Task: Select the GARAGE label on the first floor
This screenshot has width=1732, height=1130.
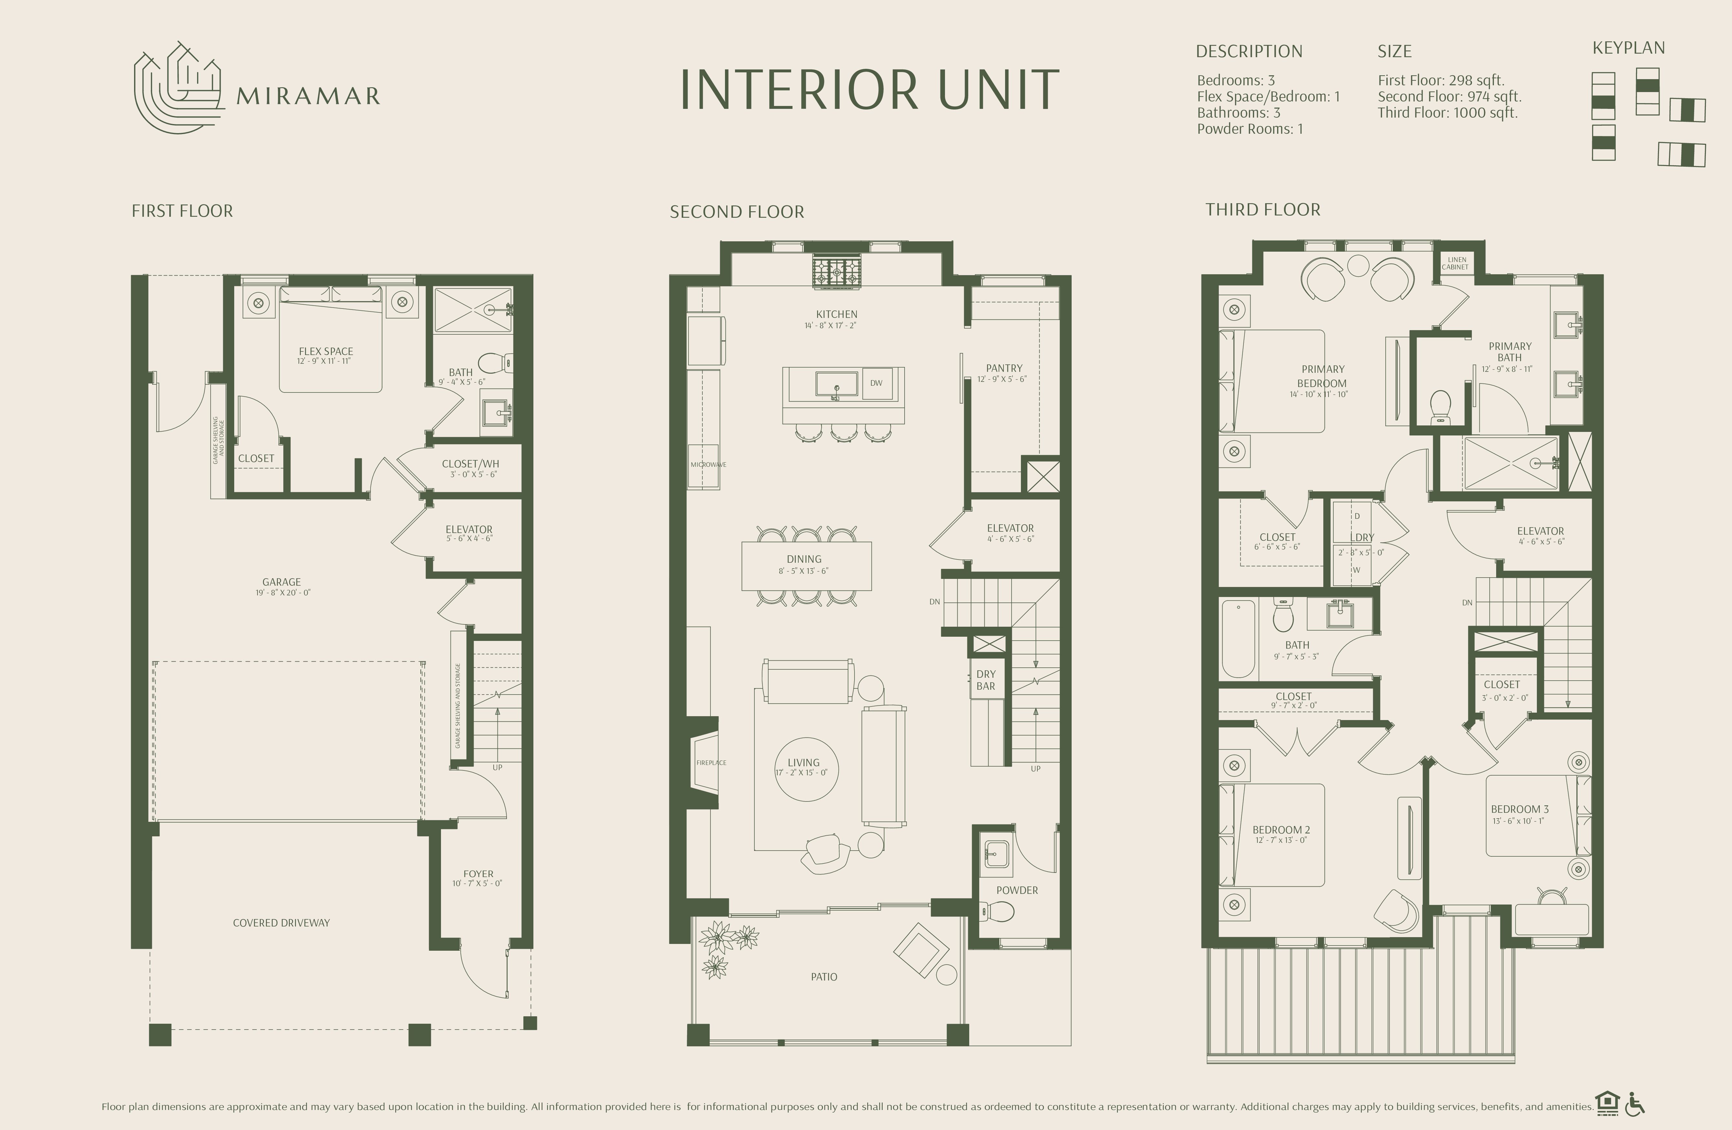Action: (x=282, y=582)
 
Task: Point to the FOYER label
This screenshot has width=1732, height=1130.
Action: (x=478, y=874)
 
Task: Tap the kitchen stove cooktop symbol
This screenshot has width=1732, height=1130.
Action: (x=837, y=273)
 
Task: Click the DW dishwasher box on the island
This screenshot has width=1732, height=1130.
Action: (x=876, y=383)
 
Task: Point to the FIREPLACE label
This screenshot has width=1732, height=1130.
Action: (x=711, y=763)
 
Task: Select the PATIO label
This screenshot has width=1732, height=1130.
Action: (x=824, y=977)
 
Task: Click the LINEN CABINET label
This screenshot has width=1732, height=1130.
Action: (x=1455, y=263)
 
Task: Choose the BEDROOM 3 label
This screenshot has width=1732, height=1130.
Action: (x=1519, y=809)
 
